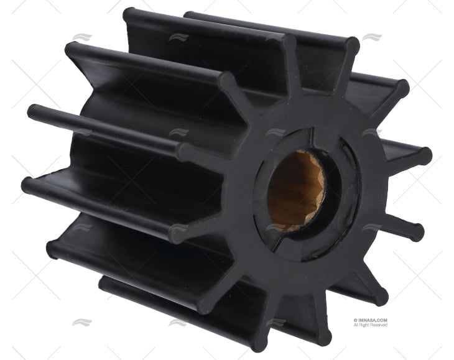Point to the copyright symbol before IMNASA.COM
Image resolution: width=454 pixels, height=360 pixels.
pos(355,320)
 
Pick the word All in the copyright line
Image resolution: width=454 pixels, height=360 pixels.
pos(356,325)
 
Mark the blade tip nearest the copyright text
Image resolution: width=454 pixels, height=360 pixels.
pos(381,295)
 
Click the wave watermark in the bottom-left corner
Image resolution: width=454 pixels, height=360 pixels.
pos(81,322)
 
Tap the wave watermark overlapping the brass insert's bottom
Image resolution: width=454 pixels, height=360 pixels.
pos(276,228)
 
